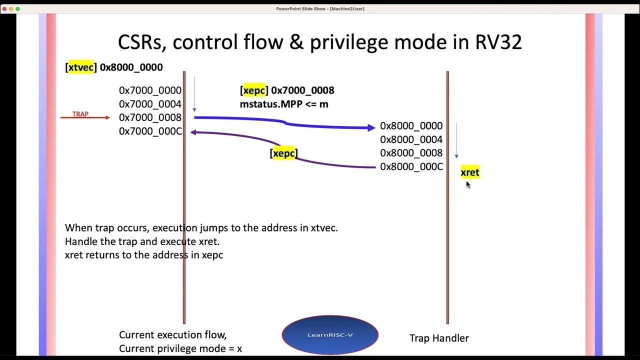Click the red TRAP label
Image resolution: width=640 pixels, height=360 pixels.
tap(80, 114)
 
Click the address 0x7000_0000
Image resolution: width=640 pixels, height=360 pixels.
tap(150, 90)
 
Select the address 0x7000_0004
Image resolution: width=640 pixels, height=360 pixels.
tap(150, 104)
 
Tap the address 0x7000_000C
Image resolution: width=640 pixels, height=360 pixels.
tap(150, 131)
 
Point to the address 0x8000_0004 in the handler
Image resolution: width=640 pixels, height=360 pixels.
tap(411, 139)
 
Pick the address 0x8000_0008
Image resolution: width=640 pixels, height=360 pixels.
tap(411, 153)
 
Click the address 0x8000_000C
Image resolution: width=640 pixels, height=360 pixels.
tap(411, 166)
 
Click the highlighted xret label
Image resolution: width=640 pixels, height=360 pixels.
tap(469, 172)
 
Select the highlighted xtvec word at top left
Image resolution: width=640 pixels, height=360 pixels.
tap(81, 67)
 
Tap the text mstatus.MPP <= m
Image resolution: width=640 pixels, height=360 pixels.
tap(284, 104)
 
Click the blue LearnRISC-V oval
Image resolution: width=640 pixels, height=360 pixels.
tap(330, 334)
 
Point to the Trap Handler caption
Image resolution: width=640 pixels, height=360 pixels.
tap(438, 338)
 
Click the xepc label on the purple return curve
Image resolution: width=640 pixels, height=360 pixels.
tap(283, 153)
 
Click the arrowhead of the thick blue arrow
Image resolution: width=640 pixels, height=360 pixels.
tap(371, 127)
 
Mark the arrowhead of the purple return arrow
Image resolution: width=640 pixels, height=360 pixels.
tap(193, 132)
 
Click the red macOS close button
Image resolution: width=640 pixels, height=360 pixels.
tap(4, 8)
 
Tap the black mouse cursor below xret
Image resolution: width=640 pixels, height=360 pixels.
tap(468, 184)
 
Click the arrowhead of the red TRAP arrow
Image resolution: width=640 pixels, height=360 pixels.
tap(107, 117)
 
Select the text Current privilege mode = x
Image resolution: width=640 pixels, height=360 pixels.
tap(180, 348)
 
